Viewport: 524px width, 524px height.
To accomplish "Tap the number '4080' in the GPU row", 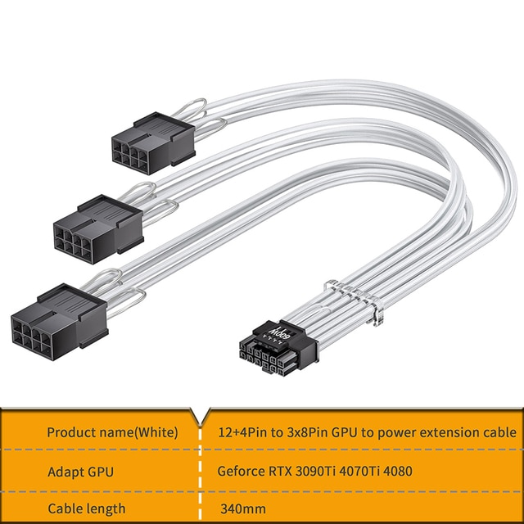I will coord(409,471).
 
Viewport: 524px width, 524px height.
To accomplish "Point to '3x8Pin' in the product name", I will coord(301,431).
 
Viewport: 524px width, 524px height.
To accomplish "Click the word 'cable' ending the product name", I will coord(499,431).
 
